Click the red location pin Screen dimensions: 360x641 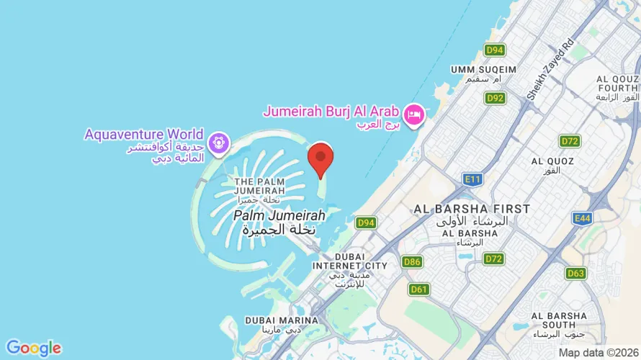[x=320, y=158]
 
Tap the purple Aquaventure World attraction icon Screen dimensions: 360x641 [x=217, y=142]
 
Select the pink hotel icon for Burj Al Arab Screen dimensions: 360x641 [x=413, y=114]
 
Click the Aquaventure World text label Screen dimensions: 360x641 [x=144, y=134]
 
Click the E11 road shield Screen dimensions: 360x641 [x=472, y=179]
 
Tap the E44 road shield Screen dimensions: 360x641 [x=582, y=217]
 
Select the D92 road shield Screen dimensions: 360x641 [x=494, y=98]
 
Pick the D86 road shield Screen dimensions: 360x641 [x=412, y=261]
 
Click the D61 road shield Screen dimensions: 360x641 [x=418, y=289]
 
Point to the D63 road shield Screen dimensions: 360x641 [x=575, y=273]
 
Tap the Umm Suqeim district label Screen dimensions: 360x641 [x=483, y=69]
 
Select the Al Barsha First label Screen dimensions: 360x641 [x=472, y=209]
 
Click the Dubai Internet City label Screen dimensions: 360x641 [x=349, y=261]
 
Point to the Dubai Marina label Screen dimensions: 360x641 [x=282, y=320]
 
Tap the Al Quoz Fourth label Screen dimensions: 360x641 [x=617, y=84]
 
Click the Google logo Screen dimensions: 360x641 [x=33, y=348]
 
